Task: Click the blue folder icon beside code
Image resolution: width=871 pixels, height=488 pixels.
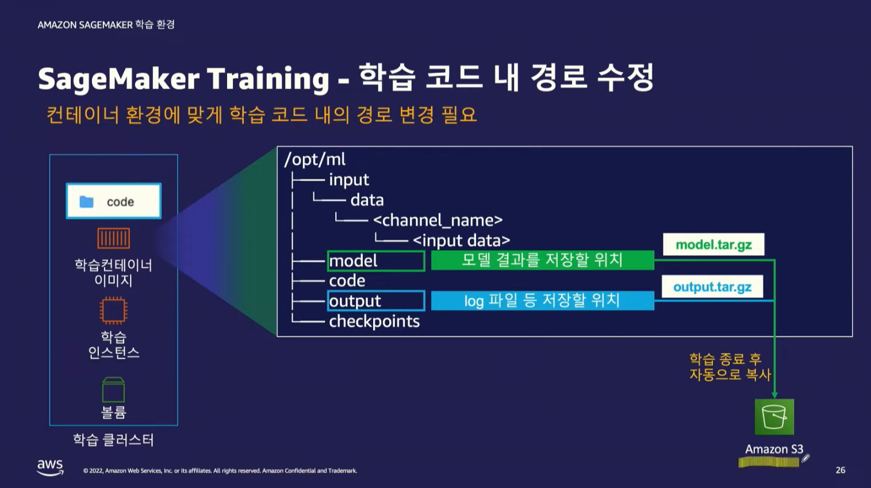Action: click(x=86, y=202)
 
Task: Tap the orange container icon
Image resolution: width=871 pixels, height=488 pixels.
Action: click(x=113, y=238)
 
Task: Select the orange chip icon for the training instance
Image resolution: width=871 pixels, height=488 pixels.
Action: click(x=113, y=310)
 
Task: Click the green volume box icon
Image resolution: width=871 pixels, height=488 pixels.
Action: click(x=113, y=389)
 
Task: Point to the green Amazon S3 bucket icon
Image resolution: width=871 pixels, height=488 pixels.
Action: click(x=774, y=417)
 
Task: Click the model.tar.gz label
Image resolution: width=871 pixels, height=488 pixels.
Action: click(x=713, y=245)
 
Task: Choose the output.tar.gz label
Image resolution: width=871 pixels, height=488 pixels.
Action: click(x=712, y=287)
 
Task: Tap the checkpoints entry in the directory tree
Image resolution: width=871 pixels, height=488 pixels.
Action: click(x=374, y=321)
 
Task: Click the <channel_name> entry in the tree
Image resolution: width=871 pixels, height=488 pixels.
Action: click(x=438, y=221)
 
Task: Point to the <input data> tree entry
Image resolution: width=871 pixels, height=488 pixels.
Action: click(x=462, y=241)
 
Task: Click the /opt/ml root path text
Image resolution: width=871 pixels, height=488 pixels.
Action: click(x=314, y=159)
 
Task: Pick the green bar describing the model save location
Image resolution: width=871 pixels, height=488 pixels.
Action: click(x=542, y=260)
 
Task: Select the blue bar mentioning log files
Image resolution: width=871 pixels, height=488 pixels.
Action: click(x=542, y=301)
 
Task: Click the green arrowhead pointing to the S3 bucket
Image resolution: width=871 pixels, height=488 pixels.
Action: click(x=774, y=395)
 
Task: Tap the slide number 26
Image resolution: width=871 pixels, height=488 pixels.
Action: click(x=841, y=470)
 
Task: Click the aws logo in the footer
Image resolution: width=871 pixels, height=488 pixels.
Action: click(x=50, y=467)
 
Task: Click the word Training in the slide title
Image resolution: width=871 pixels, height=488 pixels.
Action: click(x=268, y=79)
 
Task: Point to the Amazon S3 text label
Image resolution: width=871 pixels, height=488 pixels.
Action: click(x=774, y=449)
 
